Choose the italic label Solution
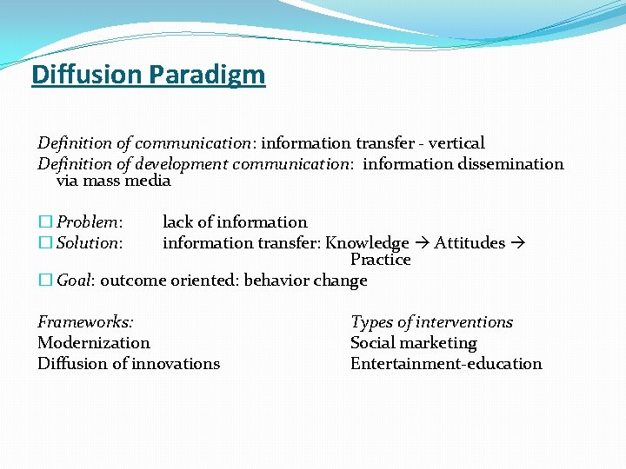click(x=90, y=242)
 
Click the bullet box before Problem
click(x=44, y=222)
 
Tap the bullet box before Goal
click(x=44, y=281)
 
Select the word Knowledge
click(x=367, y=242)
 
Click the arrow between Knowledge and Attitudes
click(x=422, y=243)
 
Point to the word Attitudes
click(x=469, y=242)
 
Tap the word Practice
click(x=380, y=260)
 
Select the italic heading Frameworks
click(x=85, y=322)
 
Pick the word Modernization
click(x=94, y=343)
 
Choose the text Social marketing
click(x=413, y=343)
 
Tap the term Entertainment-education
click(x=445, y=364)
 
